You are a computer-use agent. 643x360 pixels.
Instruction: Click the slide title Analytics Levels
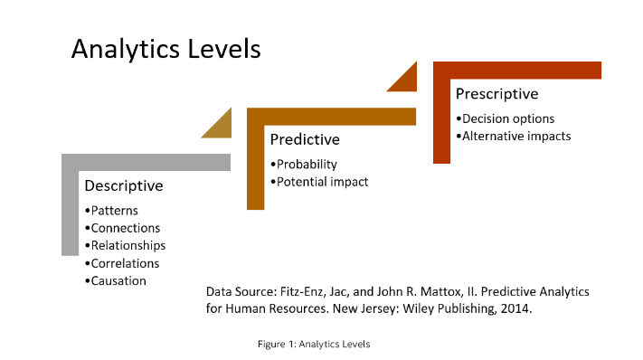point(165,49)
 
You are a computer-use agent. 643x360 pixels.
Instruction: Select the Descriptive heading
point(124,186)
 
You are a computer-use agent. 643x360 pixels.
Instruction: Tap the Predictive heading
point(305,140)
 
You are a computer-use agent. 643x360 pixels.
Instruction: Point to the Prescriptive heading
point(496,94)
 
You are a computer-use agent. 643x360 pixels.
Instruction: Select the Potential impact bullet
point(319,182)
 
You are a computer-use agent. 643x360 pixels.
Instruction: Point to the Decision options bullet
point(506,118)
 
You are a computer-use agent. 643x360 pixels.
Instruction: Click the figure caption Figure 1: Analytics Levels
point(313,344)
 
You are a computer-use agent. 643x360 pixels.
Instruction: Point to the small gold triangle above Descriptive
point(216,124)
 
